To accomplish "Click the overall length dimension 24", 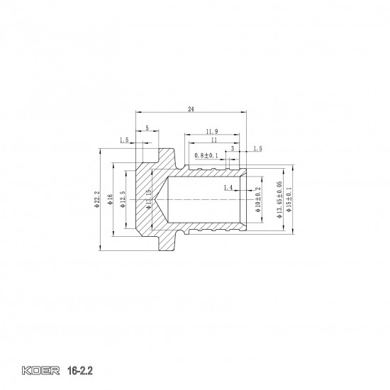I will (x=191, y=108).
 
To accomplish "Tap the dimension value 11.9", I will (x=212, y=132).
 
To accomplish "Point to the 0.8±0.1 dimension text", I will (x=206, y=155).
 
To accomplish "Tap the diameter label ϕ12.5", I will (x=122, y=199).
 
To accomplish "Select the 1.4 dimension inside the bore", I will (x=227, y=187).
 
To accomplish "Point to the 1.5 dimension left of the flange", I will (x=124, y=140).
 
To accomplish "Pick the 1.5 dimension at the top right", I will (x=257, y=149).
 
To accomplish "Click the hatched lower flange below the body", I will (x=167, y=241).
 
